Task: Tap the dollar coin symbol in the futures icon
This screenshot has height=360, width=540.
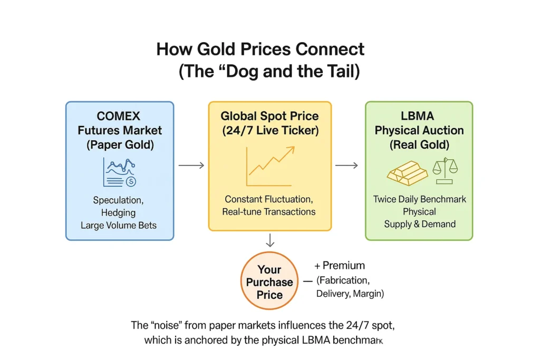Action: click(131, 181)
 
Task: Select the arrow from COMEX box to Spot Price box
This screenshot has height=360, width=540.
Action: click(191, 166)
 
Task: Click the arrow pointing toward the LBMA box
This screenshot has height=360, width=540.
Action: click(346, 166)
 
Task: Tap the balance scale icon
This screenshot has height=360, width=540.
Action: click(445, 170)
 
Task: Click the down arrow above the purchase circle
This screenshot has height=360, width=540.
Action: click(270, 241)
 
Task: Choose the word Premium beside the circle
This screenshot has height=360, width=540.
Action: click(343, 266)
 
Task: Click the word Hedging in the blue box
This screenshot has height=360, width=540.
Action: click(118, 213)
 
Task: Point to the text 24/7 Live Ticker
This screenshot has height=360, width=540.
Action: click(270, 130)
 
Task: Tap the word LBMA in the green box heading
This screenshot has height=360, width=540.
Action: click(419, 115)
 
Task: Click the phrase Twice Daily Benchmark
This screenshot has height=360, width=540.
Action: click(419, 199)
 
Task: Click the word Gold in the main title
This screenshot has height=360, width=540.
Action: click(229, 50)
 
